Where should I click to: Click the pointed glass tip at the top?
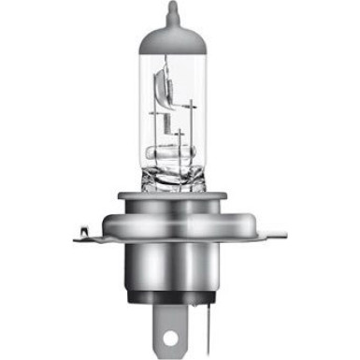[170, 10]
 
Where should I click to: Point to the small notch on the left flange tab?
[82, 227]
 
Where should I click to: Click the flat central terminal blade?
[170, 327]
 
